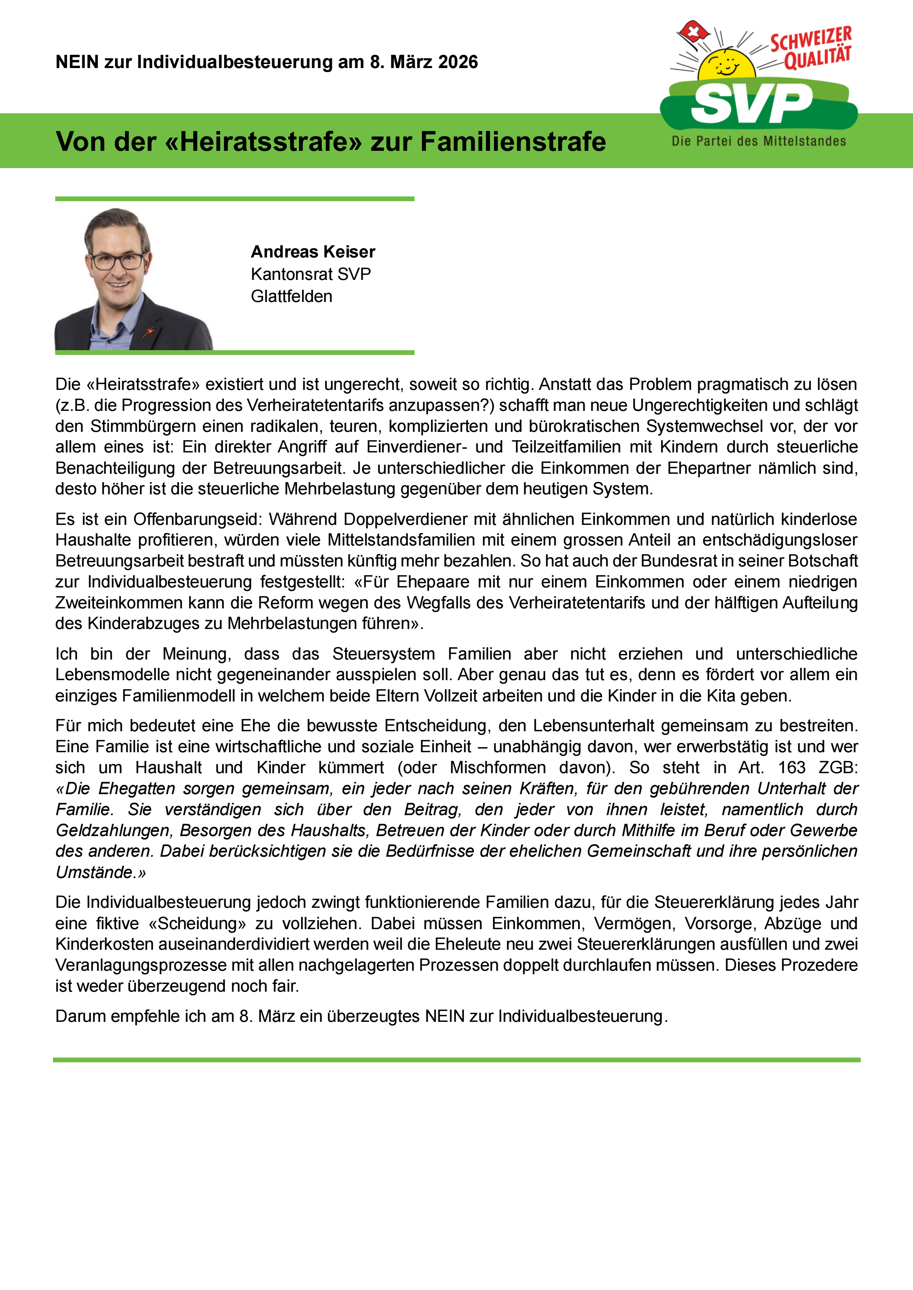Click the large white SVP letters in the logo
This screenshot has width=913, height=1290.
point(752,103)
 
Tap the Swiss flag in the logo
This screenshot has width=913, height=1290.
point(693,33)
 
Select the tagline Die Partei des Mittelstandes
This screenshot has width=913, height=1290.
point(758,141)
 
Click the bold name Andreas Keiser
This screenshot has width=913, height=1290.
point(313,252)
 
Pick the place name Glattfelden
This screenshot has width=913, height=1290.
point(291,296)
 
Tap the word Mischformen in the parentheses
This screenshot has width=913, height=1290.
point(497,767)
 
